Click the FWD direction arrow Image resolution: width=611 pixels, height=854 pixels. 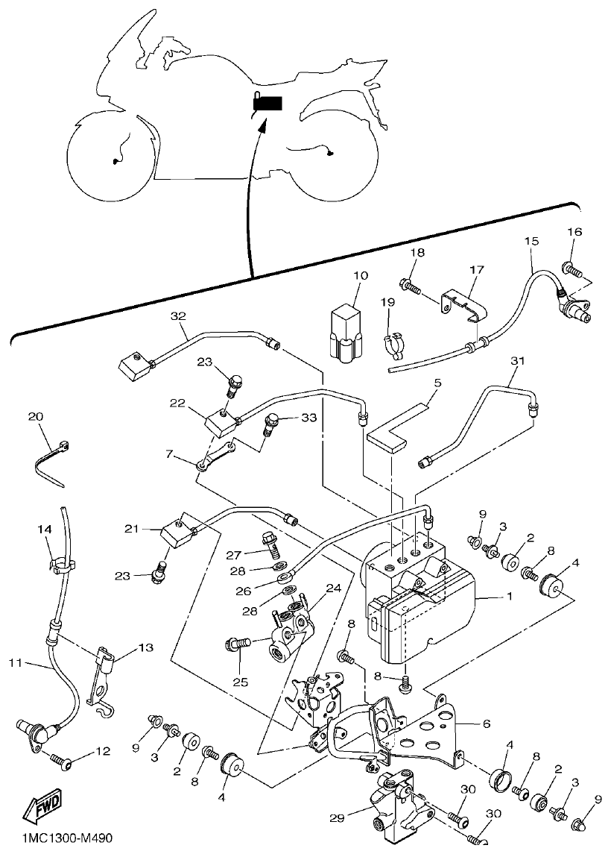pos(43,806)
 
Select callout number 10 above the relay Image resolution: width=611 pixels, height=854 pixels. pos(361,275)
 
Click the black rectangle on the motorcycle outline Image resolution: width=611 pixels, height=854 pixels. pos(268,103)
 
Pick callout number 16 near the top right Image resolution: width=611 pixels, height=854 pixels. pos(574,231)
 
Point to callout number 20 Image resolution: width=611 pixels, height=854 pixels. pos(36,416)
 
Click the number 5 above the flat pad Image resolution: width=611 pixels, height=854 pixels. pos(437,383)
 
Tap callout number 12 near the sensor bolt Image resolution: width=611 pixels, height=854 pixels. pos(101,751)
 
